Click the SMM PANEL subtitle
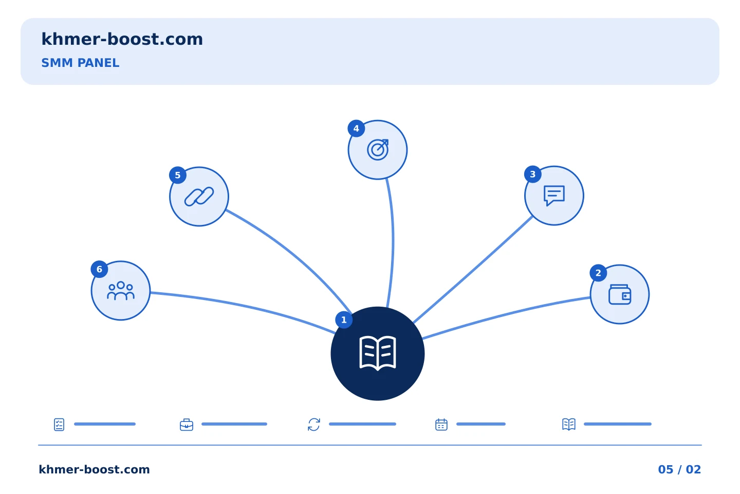tap(80, 63)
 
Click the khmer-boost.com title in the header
tap(122, 39)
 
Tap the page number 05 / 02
tap(679, 469)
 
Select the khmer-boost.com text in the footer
tap(94, 469)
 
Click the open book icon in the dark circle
tap(378, 354)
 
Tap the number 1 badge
tap(344, 320)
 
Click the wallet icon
tap(620, 294)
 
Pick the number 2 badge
tap(598, 273)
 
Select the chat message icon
tap(554, 196)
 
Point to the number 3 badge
tap(533, 174)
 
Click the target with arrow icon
tap(378, 150)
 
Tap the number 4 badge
tap(356, 128)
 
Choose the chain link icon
tap(199, 197)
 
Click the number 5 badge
tap(178, 175)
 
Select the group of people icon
tap(121, 291)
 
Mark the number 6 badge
tap(100, 269)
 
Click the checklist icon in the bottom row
tap(59, 425)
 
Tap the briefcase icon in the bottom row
tap(187, 425)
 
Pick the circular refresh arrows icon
tap(314, 425)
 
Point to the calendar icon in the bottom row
tap(441, 425)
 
